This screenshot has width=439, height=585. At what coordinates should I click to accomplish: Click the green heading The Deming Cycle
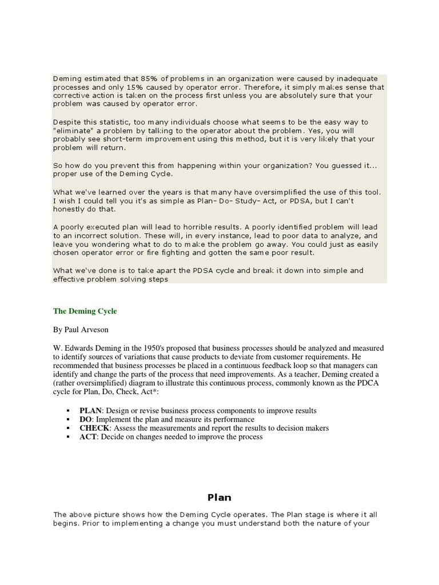click(85, 311)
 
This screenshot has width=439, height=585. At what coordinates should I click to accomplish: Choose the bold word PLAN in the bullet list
click(90, 411)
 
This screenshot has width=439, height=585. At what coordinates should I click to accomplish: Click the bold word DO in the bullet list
click(86, 419)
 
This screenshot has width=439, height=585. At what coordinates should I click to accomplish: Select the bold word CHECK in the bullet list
click(94, 428)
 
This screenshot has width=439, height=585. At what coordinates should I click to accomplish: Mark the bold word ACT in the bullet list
click(88, 436)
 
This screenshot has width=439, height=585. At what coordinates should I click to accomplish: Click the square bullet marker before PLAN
click(69, 411)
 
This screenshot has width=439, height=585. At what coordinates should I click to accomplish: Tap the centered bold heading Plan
click(219, 498)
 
